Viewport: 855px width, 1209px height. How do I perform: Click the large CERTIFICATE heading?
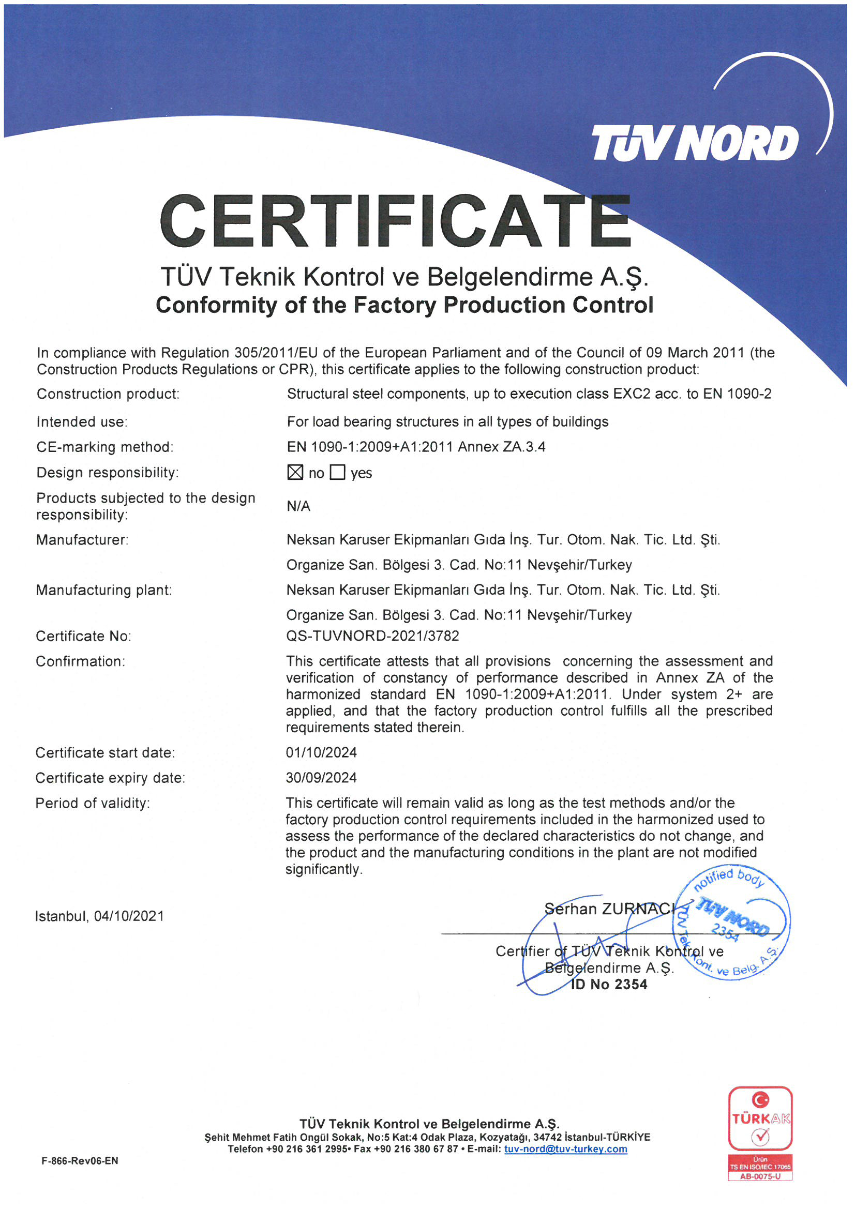395,222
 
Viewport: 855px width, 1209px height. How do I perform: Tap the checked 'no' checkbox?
295,472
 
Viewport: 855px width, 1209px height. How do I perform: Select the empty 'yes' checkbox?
337,472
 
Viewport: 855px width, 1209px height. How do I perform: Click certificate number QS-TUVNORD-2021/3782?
372,636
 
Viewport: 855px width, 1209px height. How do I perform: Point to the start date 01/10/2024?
321,752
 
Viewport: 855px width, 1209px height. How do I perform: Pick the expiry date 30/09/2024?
321,778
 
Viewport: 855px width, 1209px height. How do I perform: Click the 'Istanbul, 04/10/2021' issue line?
99,916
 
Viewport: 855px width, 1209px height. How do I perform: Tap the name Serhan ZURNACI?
609,909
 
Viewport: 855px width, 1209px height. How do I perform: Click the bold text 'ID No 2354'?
609,984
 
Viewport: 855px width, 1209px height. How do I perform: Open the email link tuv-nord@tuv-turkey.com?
565,1149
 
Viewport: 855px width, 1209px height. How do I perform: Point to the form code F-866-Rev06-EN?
80,1160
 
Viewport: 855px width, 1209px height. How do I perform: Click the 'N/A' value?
298,506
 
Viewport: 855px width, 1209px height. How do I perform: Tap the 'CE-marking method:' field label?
105,447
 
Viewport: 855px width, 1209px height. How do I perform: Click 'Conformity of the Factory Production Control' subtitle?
404,305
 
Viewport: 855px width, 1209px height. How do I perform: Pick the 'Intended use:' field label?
82,422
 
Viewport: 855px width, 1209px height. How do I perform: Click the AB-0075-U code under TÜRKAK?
760,1176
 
